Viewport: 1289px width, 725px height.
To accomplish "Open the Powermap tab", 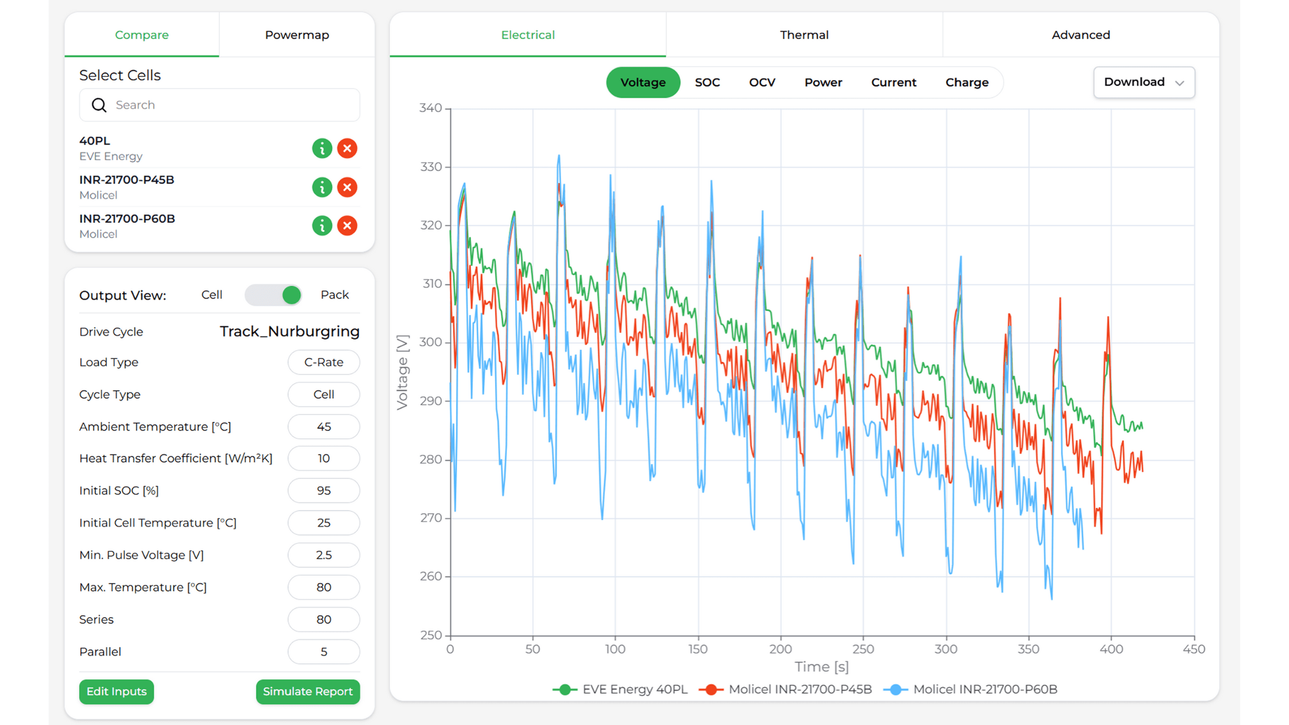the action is point(297,35).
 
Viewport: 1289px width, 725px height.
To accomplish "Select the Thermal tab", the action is point(804,35).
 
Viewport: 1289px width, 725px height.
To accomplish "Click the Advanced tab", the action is point(1081,35).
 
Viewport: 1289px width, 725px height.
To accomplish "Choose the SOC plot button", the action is point(707,82).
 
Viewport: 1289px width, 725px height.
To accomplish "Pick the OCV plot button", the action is point(762,82).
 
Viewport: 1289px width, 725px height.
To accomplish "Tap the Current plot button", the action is point(893,82).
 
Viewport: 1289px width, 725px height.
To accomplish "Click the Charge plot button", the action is point(967,82).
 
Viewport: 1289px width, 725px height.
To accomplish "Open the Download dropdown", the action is point(1144,82).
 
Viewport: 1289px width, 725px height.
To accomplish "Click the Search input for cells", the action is point(220,105).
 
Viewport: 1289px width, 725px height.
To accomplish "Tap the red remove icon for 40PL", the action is point(347,148).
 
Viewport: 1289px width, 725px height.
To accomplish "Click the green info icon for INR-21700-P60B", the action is point(322,226).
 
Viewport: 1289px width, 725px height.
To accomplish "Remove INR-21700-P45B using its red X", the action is point(347,187).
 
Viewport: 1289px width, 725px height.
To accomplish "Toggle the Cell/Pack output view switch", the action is point(273,295).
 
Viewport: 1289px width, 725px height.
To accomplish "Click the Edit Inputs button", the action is point(116,691).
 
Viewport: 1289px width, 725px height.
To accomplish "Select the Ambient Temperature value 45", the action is point(324,426).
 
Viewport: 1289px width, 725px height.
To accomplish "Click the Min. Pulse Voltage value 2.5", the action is point(324,555).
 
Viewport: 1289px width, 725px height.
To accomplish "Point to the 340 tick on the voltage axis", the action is point(431,108).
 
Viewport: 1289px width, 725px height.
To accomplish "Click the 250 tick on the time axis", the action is point(863,649).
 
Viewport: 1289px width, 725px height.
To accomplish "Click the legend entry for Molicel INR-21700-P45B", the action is point(785,689).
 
